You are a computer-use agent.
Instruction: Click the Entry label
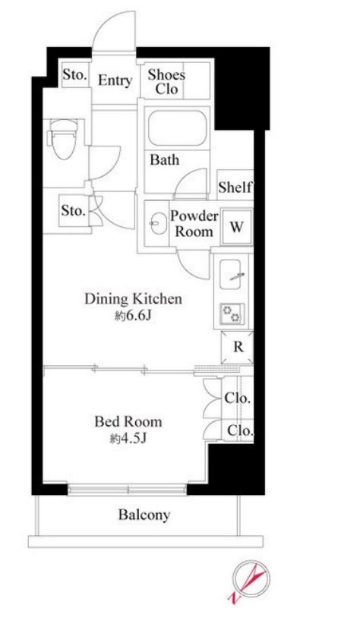click(x=115, y=80)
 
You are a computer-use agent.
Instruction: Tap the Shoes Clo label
click(x=166, y=81)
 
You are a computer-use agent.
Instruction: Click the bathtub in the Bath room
click(x=177, y=128)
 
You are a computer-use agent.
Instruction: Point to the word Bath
click(x=164, y=160)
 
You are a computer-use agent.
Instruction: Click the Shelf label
click(x=235, y=187)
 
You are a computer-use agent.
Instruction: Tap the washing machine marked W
click(x=236, y=227)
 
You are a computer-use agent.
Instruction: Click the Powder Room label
click(x=194, y=223)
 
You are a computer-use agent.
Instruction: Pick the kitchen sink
click(x=230, y=274)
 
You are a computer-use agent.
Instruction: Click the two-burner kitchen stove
click(x=232, y=313)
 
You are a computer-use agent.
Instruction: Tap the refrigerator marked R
click(x=238, y=347)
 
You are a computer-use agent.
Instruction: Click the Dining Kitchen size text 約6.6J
click(x=132, y=317)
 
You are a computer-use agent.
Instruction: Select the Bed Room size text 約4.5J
click(x=128, y=439)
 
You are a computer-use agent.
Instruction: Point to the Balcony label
click(x=144, y=515)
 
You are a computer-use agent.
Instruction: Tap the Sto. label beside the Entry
click(x=74, y=74)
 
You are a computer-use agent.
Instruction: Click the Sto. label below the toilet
click(x=73, y=210)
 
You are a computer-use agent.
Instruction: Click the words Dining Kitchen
click(x=133, y=299)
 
